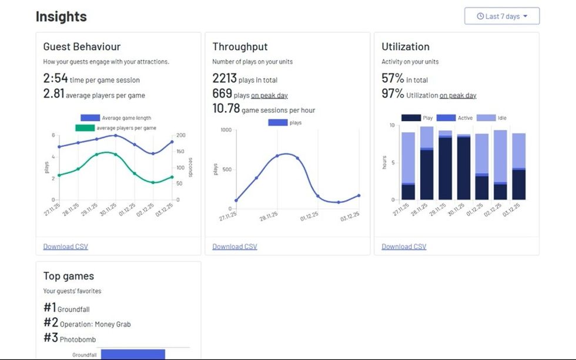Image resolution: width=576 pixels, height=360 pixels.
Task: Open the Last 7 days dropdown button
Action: [501, 16]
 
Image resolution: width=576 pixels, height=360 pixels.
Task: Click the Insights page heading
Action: [61, 16]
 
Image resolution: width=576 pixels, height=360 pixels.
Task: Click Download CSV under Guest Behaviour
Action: [65, 247]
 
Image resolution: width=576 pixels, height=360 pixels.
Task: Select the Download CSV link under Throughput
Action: [235, 247]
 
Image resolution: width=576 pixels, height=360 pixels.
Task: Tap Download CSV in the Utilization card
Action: [404, 247]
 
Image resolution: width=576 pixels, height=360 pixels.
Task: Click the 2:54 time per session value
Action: [56, 78]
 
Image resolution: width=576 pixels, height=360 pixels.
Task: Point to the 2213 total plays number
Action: [225, 78]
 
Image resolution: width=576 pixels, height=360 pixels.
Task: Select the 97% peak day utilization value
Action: [393, 94]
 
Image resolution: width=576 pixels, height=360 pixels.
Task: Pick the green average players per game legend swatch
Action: [85, 128]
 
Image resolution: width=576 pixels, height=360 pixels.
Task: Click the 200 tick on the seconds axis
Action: [181, 135]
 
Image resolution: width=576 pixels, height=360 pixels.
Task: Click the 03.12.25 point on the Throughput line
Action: [359, 196]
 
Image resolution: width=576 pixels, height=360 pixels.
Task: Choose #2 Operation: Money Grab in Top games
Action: [87, 323]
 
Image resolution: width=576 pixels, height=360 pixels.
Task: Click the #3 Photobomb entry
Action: [69, 338]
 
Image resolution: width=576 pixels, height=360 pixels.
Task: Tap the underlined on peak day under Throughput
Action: [269, 95]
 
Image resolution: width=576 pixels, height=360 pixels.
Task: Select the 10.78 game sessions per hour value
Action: [226, 109]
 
